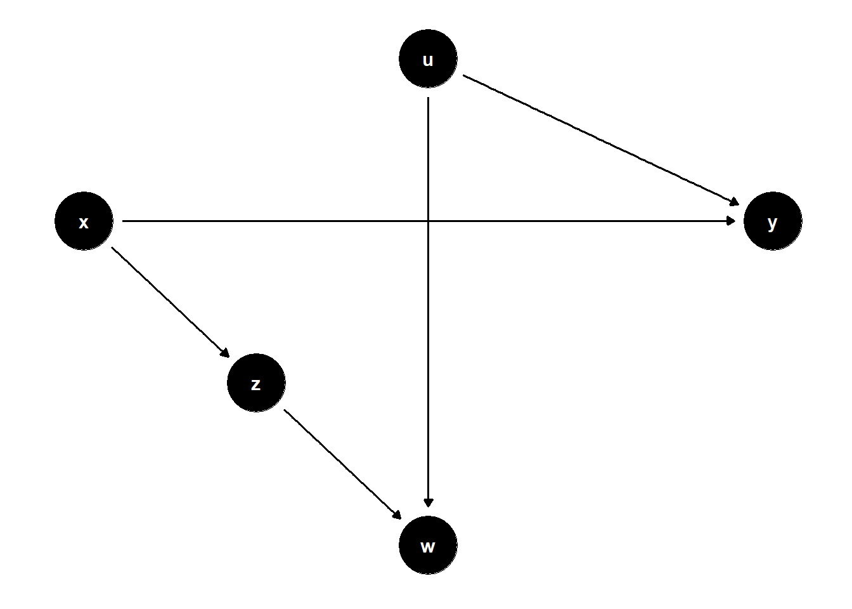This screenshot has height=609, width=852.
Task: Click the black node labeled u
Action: click(428, 58)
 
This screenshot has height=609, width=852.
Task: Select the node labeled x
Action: click(84, 221)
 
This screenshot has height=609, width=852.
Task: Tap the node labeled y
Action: click(773, 221)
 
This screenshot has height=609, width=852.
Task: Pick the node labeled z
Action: click(256, 383)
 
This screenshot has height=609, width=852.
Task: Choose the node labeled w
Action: click(428, 545)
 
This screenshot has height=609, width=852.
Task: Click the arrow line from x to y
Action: click(429, 221)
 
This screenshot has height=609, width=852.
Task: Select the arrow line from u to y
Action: click(601, 140)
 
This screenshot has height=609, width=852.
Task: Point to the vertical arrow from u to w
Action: click(429, 302)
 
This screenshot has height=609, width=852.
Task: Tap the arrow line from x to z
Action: click(171, 302)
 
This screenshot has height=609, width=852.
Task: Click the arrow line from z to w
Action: click(342, 464)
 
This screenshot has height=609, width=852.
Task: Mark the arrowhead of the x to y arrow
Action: click(731, 221)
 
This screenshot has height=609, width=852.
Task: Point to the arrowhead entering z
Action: click(225, 353)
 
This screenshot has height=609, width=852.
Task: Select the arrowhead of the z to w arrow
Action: click(397, 515)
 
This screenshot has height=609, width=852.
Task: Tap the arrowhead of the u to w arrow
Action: click(429, 503)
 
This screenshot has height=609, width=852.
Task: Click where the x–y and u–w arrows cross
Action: click(429, 221)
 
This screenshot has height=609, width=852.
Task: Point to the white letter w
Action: click(428, 547)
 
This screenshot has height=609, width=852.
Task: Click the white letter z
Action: click(255, 385)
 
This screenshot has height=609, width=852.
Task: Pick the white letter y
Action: click(772, 223)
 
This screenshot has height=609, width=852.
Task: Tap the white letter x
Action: click(83, 223)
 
